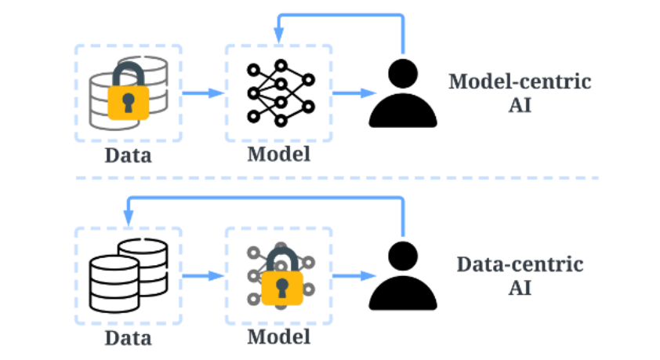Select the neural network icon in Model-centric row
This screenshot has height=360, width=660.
point(281,93)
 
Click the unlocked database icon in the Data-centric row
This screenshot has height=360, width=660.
point(129,276)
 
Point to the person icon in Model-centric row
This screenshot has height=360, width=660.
point(403,93)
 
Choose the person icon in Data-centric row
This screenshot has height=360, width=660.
point(403,276)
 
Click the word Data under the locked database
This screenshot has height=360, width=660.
point(128,155)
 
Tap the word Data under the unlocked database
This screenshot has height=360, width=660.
point(128,338)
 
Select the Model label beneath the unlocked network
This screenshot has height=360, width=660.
point(278,154)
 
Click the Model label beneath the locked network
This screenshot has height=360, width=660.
point(278,336)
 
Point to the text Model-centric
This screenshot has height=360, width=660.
point(520,82)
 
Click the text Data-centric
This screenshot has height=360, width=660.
point(520,264)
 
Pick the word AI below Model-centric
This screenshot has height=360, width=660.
point(520,105)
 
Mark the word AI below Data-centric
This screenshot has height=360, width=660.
point(520,288)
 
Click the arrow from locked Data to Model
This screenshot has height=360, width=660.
point(203,93)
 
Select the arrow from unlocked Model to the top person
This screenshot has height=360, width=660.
point(354,93)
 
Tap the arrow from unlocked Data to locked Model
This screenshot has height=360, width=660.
point(203,276)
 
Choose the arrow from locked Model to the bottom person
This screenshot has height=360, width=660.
point(354,276)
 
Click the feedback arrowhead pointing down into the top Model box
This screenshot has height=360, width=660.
point(278,35)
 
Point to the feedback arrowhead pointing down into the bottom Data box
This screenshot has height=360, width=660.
point(129,218)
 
